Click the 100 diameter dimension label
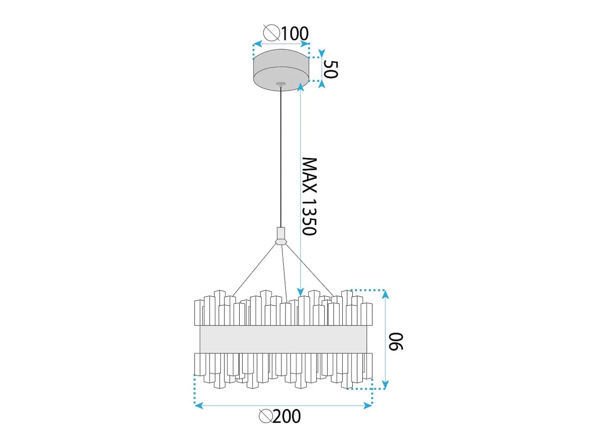(295, 34)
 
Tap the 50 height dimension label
(331, 69)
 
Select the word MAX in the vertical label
(310, 175)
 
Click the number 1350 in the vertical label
(310, 217)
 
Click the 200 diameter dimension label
(287, 416)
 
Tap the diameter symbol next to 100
(272, 33)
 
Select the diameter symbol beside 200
(266, 416)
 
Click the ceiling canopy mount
(281, 70)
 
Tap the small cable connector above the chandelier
(281, 236)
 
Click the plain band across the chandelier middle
(283, 339)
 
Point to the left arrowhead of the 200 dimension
(199, 406)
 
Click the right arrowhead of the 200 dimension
(368, 406)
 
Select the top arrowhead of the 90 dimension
(385, 294)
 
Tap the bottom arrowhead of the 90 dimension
(385, 385)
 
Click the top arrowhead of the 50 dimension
(322, 53)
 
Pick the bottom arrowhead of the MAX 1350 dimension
(300, 292)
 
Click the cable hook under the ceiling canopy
(280, 84)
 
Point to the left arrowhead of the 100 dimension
(257, 44)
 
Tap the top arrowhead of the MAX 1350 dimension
(300, 87)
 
